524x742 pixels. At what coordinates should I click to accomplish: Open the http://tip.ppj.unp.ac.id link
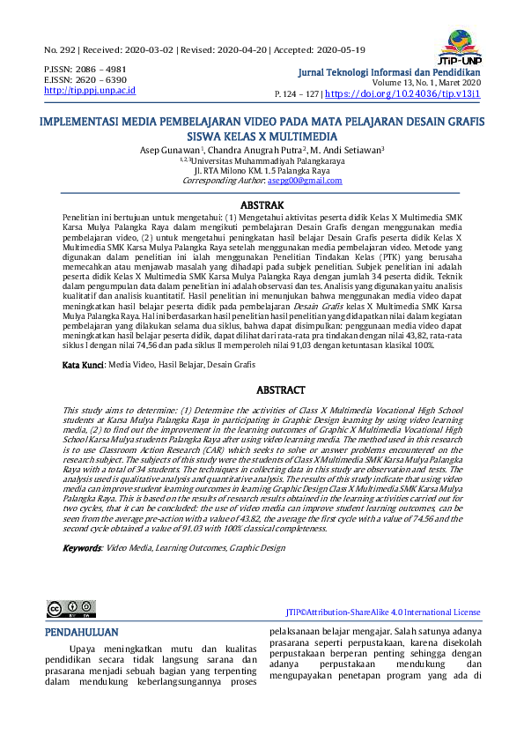(90, 90)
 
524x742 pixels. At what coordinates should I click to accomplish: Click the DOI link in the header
(405, 93)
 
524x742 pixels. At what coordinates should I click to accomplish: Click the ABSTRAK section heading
(262, 204)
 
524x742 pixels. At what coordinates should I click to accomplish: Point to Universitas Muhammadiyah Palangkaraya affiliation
(264, 160)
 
